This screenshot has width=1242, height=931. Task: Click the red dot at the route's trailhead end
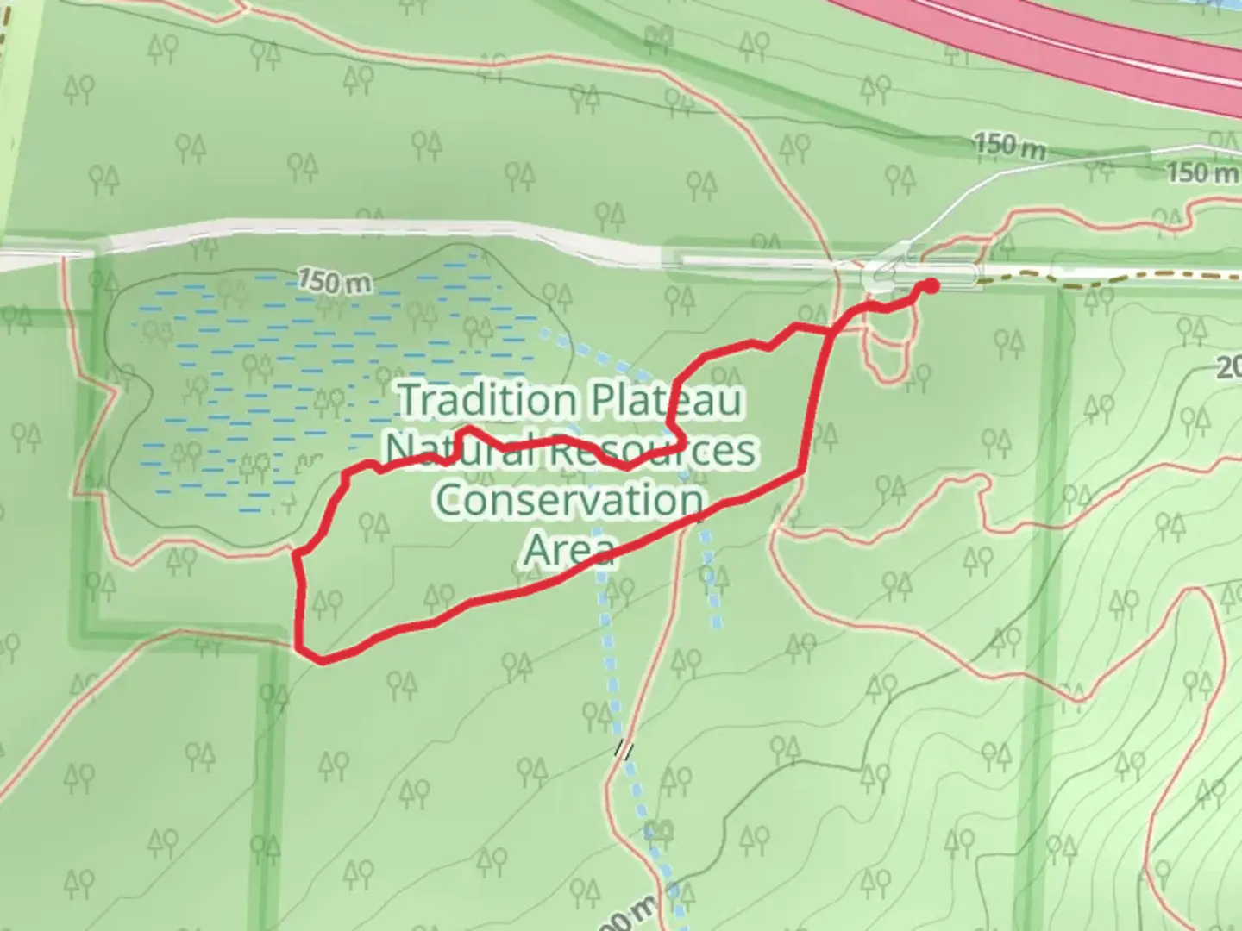(931, 285)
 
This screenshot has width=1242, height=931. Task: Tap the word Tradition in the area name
(487, 401)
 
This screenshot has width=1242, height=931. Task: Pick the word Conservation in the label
(570, 500)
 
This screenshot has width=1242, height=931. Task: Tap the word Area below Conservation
(570, 549)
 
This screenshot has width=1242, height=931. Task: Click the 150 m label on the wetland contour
(335, 281)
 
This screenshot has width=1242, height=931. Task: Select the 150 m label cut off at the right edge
(1202, 172)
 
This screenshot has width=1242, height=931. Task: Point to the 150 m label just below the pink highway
(1009, 145)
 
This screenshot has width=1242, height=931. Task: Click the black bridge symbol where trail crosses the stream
(624, 750)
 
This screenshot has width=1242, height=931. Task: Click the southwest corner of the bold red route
(321, 660)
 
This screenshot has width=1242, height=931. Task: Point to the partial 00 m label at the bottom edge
(634, 918)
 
